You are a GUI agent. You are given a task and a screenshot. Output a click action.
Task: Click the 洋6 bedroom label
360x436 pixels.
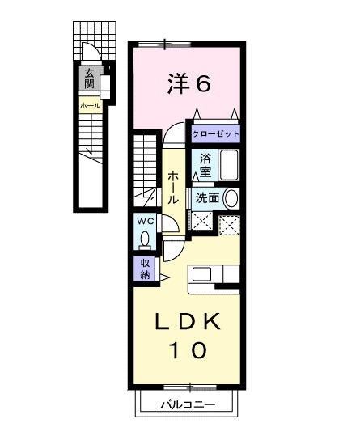[x=190, y=83]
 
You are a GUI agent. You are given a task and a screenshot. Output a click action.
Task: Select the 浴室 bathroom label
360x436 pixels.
[x=205, y=166]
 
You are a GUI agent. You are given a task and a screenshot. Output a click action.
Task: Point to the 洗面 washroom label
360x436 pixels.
[x=207, y=197]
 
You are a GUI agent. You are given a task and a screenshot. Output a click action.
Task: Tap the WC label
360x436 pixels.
[x=145, y=221]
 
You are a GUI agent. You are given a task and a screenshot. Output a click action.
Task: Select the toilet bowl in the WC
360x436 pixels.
[x=145, y=239]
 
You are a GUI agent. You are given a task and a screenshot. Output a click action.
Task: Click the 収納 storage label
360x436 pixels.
[x=145, y=269]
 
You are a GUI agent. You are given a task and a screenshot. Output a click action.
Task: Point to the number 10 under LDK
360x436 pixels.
[x=187, y=350]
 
